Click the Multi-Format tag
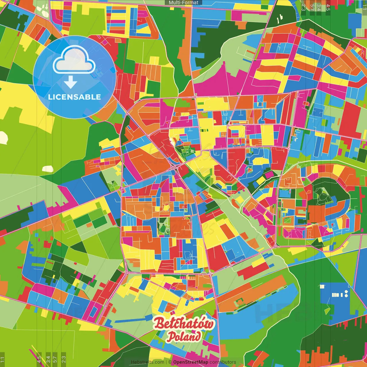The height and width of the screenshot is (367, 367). click(183, 3)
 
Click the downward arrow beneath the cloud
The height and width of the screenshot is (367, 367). click(71, 82)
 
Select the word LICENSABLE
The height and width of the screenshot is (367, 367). click(75, 97)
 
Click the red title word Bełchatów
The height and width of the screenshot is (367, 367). click(183, 323)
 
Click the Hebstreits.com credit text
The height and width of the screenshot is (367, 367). click(147, 362)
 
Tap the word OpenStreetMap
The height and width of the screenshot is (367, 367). click(191, 362)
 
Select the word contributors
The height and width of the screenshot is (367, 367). click(223, 362)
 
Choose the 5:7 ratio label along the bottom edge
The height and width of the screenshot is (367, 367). click(55, 359)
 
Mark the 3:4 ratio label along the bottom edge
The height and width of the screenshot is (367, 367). click(48, 359)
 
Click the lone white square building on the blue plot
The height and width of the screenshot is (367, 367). click(322, 286)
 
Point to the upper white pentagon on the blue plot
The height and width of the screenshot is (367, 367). click(346, 292)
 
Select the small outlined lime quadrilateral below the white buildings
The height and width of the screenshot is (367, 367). click(327, 310)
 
